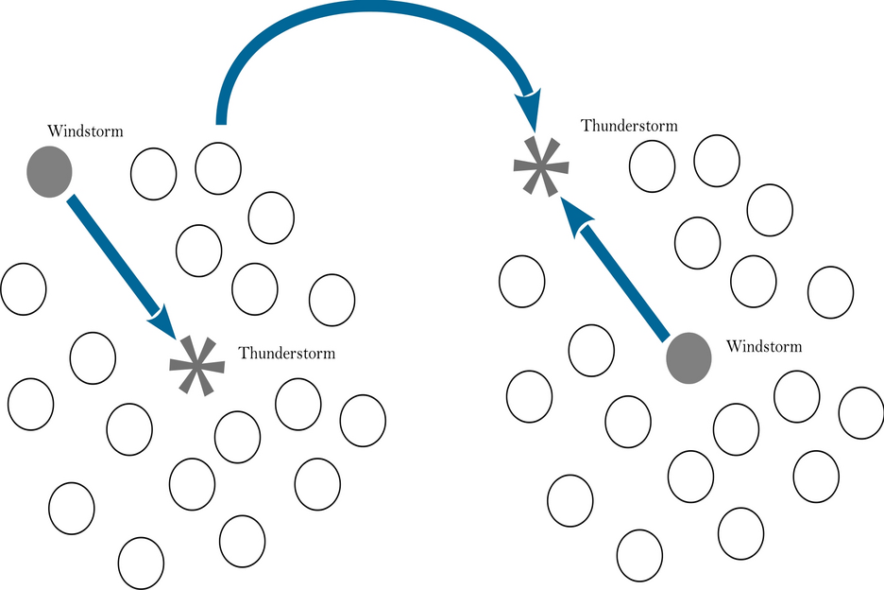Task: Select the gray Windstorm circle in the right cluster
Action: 688,358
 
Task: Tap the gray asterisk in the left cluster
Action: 196,364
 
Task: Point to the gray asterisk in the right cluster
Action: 541,166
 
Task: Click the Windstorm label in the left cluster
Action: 85,131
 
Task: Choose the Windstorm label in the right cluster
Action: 764,346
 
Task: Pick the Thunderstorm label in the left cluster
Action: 286,354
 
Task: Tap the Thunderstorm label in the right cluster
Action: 629,126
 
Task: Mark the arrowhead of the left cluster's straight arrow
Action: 162,321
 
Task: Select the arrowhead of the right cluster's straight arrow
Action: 577,214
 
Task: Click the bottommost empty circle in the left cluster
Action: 142,562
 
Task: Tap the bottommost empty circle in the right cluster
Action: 639,554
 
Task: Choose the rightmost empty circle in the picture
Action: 860,413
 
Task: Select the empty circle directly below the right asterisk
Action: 521,281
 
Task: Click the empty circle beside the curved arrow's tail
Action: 218,167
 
